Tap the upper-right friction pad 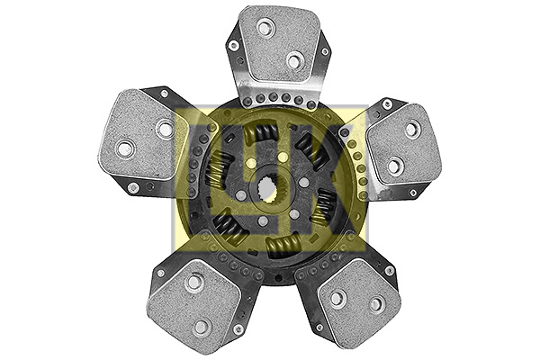pos(401,144)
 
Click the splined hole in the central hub pos(271,193)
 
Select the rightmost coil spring pos(323,204)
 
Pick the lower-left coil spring pos(230,225)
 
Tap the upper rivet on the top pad pos(265,28)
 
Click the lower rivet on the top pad pos(294,60)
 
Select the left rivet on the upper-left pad pos(125,148)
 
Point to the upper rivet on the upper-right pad pos(411,130)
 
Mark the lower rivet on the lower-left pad pos(202,326)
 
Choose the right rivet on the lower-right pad pos(377,304)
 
